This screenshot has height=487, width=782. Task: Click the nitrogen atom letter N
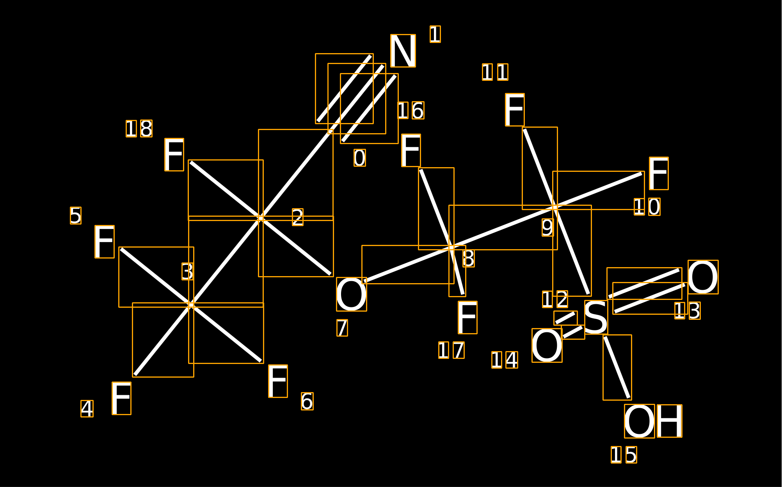point(403,51)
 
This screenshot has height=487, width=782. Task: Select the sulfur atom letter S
point(596,317)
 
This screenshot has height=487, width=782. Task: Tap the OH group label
point(653,421)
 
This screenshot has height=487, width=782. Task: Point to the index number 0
point(359,158)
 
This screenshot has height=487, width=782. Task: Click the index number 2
point(297,217)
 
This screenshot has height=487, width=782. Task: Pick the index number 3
point(187,271)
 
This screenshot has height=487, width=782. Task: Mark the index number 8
point(468,259)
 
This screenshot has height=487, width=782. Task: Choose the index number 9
point(547,227)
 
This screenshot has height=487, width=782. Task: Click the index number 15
point(624,455)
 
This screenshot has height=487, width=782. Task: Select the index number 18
point(139,128)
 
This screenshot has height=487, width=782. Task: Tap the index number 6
point(307,401)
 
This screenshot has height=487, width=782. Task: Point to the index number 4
point(87,409)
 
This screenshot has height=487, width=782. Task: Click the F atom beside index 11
point(514,110)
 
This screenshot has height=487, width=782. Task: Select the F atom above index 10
point(658,173)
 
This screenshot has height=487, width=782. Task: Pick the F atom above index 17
point(467,318)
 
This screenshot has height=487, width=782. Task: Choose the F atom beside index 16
point(411,150)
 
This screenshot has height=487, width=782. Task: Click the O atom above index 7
point(351,294)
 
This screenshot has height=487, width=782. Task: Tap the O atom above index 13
point(703,277)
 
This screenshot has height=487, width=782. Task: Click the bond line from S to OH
point(617,367)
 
